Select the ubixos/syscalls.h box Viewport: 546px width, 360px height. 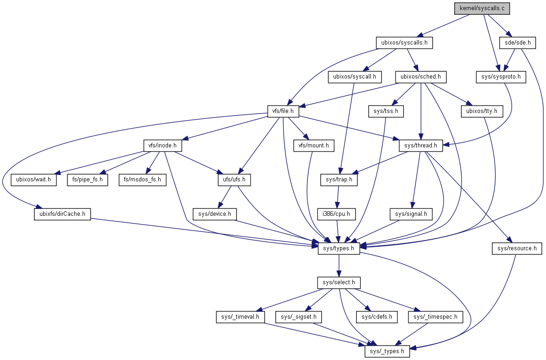tap(404, 43)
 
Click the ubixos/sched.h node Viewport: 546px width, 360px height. tap(421, 77)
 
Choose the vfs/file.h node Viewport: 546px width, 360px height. tap(283, 111)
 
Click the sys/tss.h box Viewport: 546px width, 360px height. tap(386, 111)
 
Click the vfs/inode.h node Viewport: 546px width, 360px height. tap(162, 146)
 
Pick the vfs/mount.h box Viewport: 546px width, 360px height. tap(313, 146)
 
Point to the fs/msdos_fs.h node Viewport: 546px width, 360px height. tap(142, 180)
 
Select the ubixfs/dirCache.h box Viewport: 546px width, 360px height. tap(62, 214)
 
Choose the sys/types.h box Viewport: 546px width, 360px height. tap(339, 248)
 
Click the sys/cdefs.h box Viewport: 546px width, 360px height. tap(376, 317)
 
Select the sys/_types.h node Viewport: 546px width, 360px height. tap(387, 351)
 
